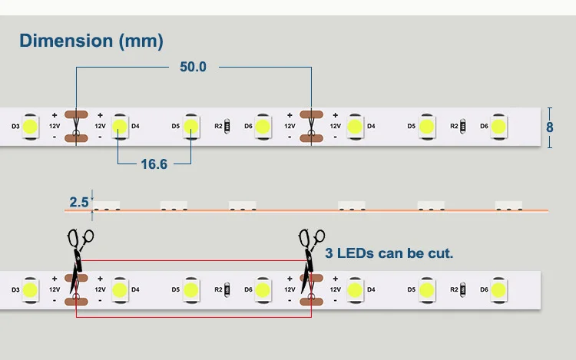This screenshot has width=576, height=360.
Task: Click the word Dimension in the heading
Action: [66, 41]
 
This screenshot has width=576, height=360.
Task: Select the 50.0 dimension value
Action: [194, 67]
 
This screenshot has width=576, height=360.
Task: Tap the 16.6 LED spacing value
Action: [154, 164]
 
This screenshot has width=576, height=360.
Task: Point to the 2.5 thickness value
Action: [79, 202]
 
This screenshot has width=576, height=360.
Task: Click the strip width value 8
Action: [550, 127]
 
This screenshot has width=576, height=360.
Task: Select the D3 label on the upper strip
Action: [15, 126]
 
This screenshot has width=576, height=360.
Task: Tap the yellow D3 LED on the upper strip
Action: [30, 127]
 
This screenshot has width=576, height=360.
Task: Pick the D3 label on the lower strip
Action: [15, 289]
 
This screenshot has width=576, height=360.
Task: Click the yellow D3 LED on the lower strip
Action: [30, 290]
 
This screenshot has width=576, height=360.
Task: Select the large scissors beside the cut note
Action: [310, 257]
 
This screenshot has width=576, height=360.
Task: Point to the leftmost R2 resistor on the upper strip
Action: [227, 126]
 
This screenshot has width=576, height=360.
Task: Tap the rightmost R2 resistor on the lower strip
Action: [463, 289]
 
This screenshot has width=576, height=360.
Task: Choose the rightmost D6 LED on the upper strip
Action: [498, 127]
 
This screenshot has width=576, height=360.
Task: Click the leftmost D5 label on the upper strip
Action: [176, 126]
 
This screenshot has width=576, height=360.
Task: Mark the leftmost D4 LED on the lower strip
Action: [120, 290]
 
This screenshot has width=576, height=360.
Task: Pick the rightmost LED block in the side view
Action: [508, 206]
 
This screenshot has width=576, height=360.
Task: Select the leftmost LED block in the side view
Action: [106, 206]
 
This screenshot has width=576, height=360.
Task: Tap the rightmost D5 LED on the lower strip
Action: [426, 290]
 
